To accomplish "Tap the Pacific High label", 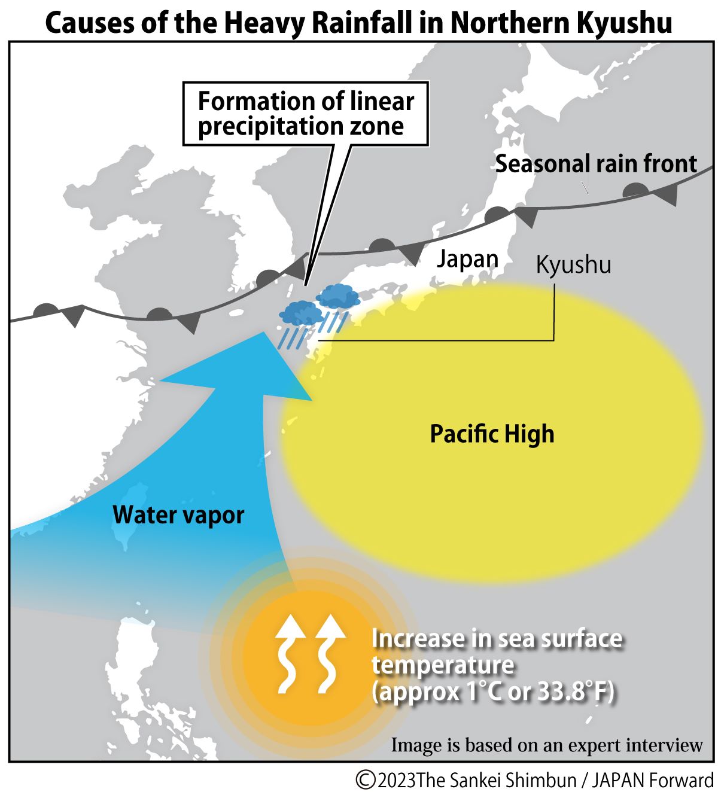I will [492, 434].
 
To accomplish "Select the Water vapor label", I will [178, 514].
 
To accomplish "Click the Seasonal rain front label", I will [596, 163].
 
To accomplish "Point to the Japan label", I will [467, 259].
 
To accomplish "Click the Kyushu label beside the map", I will [573, 264].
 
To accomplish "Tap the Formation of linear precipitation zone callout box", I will [306, 114].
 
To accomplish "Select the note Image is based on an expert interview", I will [546, 745].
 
